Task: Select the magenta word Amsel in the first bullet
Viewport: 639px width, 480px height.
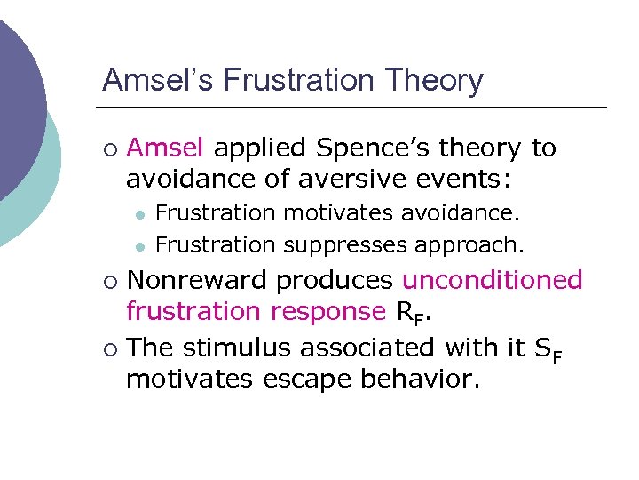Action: tap(165, 148)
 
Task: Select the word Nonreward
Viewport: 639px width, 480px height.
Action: tap(198, 280)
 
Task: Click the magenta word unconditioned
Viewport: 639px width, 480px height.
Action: tap(493, 280)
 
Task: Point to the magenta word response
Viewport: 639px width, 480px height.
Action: tap(327, 312)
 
